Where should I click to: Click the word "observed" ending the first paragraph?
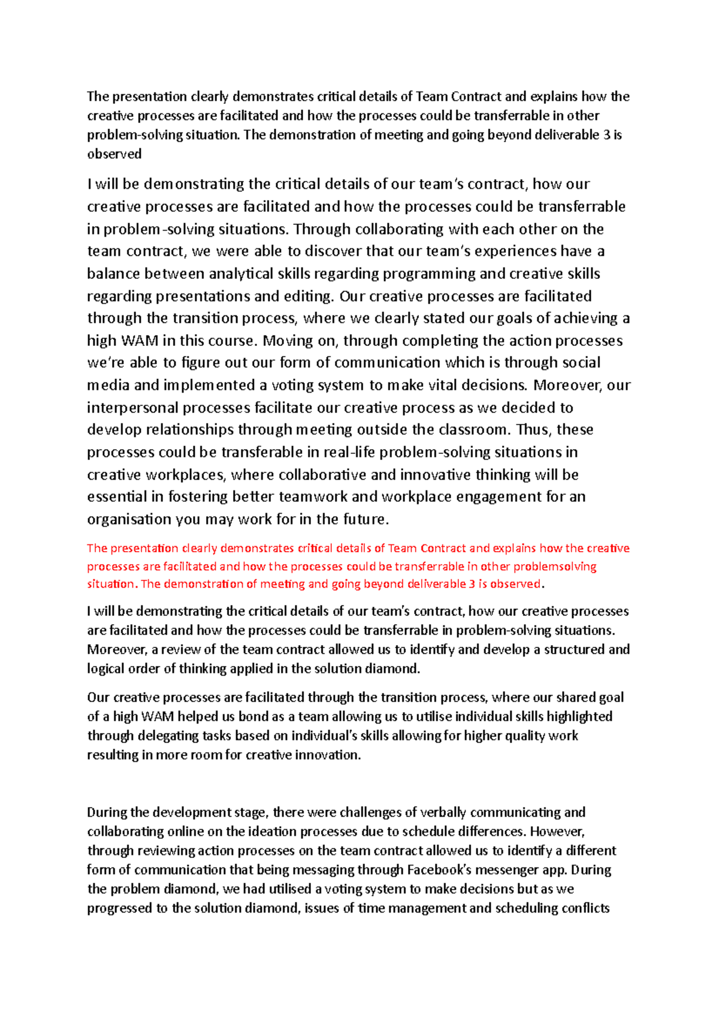114,154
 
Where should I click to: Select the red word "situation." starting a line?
112,584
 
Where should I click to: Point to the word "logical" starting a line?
106,668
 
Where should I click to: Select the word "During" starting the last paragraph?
107,812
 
